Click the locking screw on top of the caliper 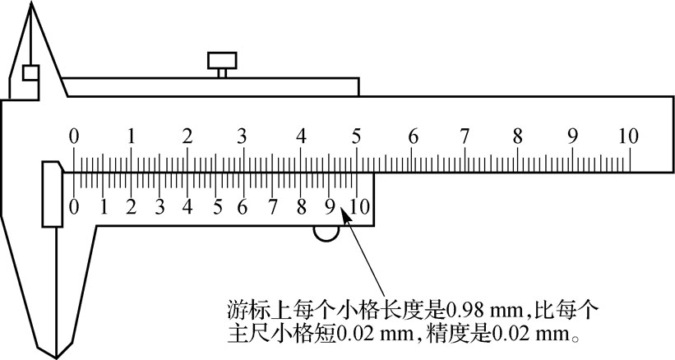[x=222, y=62]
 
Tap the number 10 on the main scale [x=628, y=136]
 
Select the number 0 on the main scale [x=74, y=136]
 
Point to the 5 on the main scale [x=356, y=136]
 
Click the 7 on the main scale [x=465, y=136]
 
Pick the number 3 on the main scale [x=243, y=136]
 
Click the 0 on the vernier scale [x=75, y=206]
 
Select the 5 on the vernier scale [x=217, y=206]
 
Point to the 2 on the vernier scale [x=131, y=206]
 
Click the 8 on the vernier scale [x=302, y=206]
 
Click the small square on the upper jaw [x=30, y=72]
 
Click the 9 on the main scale [x=572, y=136]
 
